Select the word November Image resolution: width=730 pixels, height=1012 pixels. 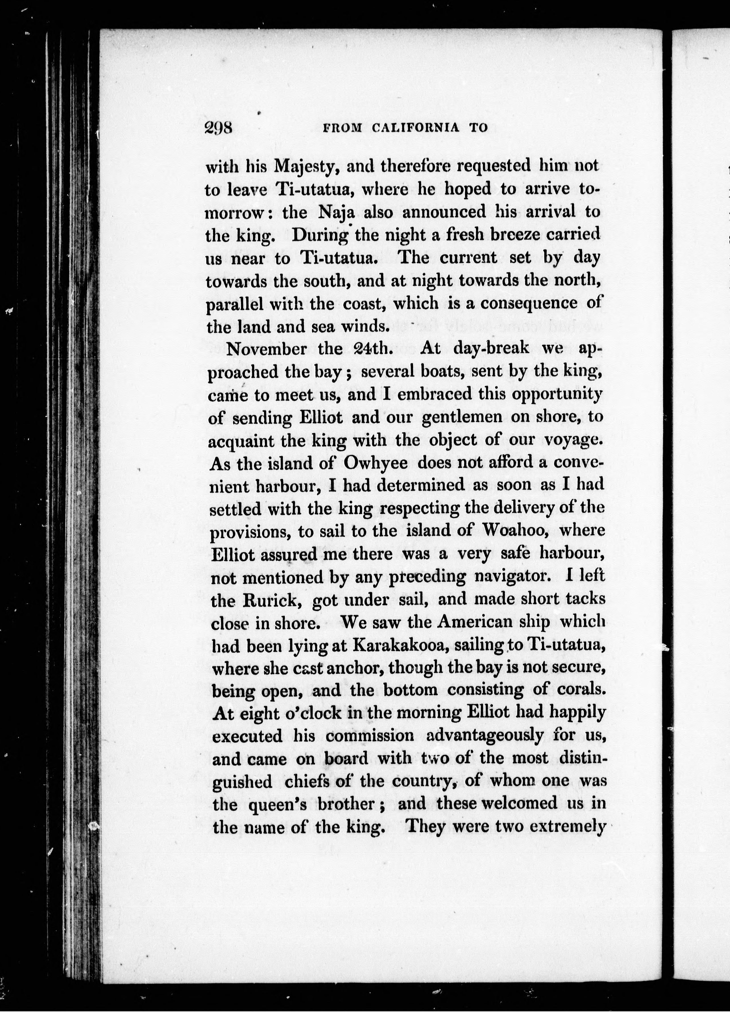click(266, 349)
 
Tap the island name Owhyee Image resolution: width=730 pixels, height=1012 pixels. click(376, 463)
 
